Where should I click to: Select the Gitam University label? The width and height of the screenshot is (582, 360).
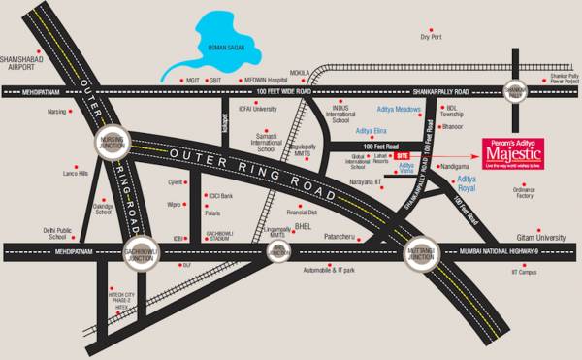coord(540,237)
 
